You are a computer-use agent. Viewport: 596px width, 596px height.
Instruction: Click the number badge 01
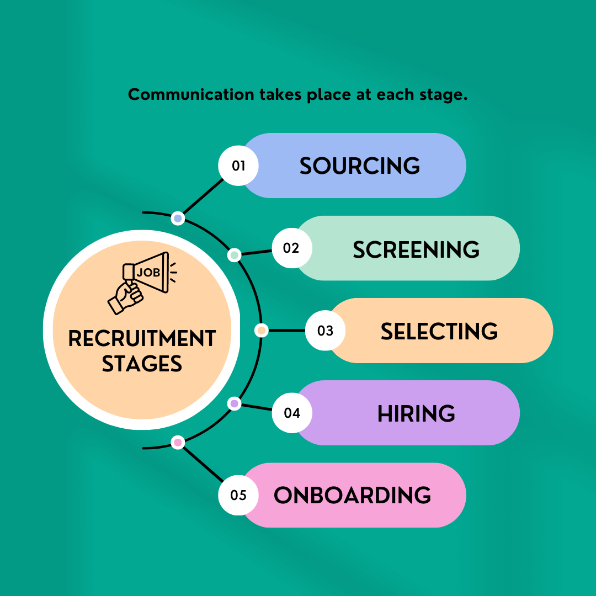point(238,166)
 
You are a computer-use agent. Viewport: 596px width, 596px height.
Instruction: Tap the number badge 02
point(292,248)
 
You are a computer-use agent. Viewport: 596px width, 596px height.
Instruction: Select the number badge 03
point(326,331)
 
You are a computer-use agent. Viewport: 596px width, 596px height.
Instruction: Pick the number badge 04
point(292,413)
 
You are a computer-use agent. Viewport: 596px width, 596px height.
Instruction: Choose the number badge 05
point(238,495)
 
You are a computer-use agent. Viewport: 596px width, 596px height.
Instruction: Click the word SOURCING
point(360,166)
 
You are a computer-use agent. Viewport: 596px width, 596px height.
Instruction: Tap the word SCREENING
point(416,250)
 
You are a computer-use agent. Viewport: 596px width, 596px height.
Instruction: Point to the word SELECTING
point(439,332)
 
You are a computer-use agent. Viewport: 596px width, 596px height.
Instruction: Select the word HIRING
point(416,413)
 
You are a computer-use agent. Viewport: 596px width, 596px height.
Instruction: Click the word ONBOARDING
point(352,495)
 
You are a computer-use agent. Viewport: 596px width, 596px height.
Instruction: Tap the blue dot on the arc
point(178,219)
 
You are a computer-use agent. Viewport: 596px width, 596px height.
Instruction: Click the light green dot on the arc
point(235,254)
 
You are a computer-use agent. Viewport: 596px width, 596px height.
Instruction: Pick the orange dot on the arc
point(261,331)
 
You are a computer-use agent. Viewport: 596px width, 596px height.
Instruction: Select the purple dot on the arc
point(235,403)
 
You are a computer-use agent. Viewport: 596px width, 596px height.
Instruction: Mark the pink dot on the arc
point(178,443)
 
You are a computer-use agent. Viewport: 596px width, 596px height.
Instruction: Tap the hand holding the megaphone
point(125,297)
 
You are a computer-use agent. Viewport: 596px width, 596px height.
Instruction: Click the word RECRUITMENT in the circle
point(142,338)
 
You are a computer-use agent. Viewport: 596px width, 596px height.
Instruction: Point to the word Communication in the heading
point(191,94)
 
